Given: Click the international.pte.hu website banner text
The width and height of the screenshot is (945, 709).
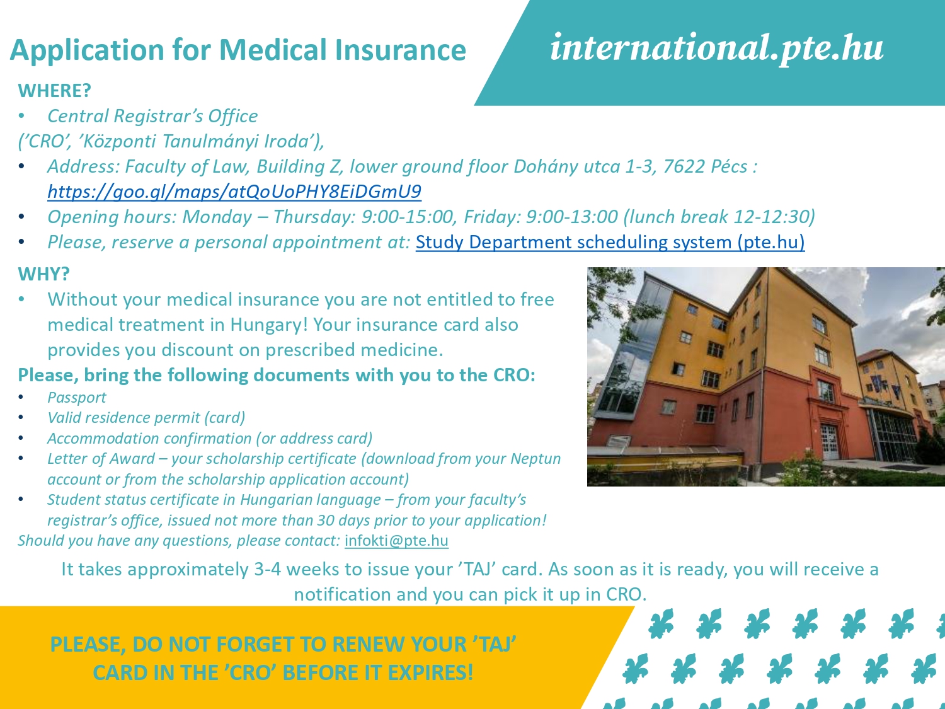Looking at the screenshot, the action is click(x=717, y=49).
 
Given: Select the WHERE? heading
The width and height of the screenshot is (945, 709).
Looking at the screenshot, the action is click(x=55, y=90).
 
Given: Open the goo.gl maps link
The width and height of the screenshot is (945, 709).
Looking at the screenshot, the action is click(x=234, y=192).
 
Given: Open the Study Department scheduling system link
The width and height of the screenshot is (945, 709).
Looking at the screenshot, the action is click(x=610, y=242).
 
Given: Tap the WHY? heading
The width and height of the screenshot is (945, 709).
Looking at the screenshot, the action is click(x=43, y=274).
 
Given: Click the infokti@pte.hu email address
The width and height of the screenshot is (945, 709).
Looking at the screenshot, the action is click(x=396, y=540).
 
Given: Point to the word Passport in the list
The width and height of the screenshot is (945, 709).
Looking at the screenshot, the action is click(x=77, y=397).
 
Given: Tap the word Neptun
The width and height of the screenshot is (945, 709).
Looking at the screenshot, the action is click(x=535, y=458).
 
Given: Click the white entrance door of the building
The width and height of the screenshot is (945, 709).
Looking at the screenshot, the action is click(x=828, y=441).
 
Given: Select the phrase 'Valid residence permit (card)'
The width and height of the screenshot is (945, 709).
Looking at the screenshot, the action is click(x=146, y=418).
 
